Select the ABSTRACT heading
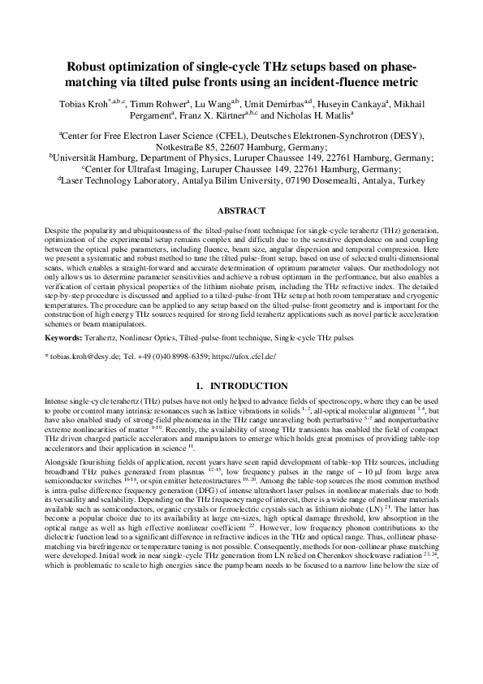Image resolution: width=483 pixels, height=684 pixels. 241,210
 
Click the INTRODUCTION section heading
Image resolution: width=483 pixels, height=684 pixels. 248,385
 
